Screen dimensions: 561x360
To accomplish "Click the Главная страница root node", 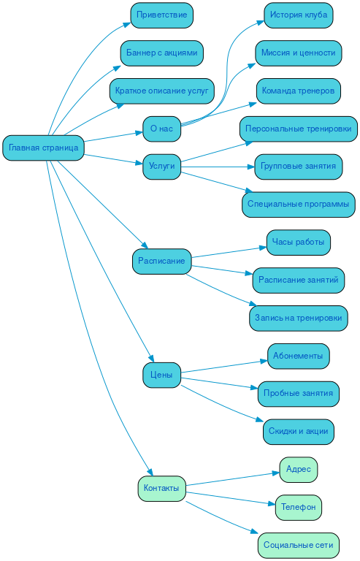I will point(44,148).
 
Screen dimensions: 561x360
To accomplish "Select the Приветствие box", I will point(161,15).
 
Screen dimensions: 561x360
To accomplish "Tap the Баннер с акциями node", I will point(161,53).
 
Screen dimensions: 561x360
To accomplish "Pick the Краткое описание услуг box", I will point(161,91).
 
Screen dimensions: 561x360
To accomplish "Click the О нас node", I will point(161,129).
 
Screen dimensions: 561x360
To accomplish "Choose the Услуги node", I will point(161,167).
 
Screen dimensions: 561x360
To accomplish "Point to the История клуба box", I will point(299,15).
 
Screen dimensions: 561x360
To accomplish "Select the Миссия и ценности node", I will point(299,53).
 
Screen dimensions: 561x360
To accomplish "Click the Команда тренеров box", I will point(299,91).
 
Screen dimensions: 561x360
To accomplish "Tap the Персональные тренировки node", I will point(299,129).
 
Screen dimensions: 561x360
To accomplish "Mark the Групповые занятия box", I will point(299,167).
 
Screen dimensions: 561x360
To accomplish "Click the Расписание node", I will point(161,262).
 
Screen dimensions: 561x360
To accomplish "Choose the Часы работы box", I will point(299,243).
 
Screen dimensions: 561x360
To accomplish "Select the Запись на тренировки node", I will point(299,318).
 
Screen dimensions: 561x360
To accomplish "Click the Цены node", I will point(161,375).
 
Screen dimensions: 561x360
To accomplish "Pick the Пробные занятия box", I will point(299,394).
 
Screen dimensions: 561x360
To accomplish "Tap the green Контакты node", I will point(161,489).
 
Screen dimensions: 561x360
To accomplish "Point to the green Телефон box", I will point(299,507).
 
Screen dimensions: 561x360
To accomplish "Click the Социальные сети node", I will point(299,545).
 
